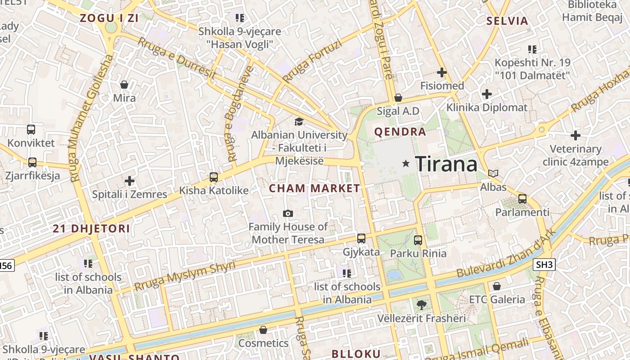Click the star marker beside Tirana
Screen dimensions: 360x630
(x=406, y=164)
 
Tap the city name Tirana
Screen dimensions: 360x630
(x=446, y=164)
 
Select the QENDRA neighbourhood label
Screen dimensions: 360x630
(x=400, y=132)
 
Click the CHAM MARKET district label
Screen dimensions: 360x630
(x=315, y=189)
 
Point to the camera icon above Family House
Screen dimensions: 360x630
(x=288, y=213)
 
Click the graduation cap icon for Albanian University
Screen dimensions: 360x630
(x=299, y=121)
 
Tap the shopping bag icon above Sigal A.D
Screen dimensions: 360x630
(x=398, y=98)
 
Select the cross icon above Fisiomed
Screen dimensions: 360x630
(x=442, y=72)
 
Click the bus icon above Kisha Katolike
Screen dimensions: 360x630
(x=214, y=177)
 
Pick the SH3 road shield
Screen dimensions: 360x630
(x=544, y=265)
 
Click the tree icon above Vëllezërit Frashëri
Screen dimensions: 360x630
(x=421, y=305)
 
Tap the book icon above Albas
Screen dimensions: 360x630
(x=493, y=173)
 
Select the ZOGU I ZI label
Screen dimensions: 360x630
(x=109, y=18)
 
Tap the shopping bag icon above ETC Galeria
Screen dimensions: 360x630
(x=497, y=286)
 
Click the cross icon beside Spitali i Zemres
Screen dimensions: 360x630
(x=130, y=181)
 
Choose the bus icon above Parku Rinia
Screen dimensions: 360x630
(x=418, y=240)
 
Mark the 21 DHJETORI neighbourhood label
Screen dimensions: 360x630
(x=91, y=229)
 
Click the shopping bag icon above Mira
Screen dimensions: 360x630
(x=124, y=85)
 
